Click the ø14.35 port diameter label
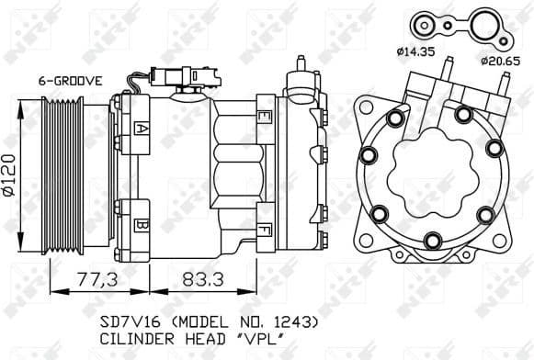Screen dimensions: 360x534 point(415,51)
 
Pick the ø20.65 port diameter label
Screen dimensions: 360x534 point(500,61)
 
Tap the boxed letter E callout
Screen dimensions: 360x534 point(263,117)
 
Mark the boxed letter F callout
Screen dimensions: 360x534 point(263,229)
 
